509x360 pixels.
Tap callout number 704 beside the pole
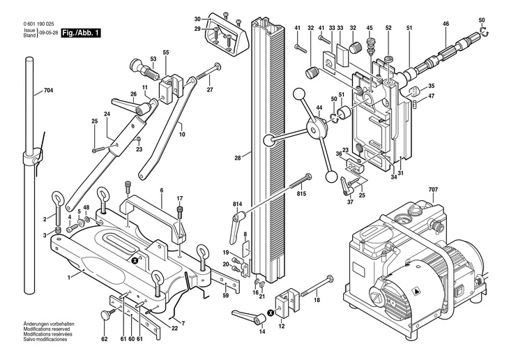pos(48,91)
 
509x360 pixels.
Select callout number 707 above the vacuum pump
pos(432,190)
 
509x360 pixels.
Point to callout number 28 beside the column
pos(238,158)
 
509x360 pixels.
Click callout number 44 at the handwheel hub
pos(319,107)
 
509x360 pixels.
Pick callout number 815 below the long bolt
pos(301,193)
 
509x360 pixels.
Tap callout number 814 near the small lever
pos(238,204)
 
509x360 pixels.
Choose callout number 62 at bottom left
pos(104,339)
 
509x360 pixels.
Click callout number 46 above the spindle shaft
pos(446,24)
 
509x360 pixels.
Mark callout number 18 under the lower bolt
pos(316,300)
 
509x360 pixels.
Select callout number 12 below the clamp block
pos(281,325)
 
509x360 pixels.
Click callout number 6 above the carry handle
pos(161,190)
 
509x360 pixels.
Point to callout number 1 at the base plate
pos(69,278)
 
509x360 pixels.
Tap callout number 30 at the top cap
pos(197,18)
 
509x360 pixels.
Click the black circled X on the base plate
pos(136,260)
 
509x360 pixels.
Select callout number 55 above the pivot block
pos(166,52)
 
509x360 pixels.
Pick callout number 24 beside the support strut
pos(107,114)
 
